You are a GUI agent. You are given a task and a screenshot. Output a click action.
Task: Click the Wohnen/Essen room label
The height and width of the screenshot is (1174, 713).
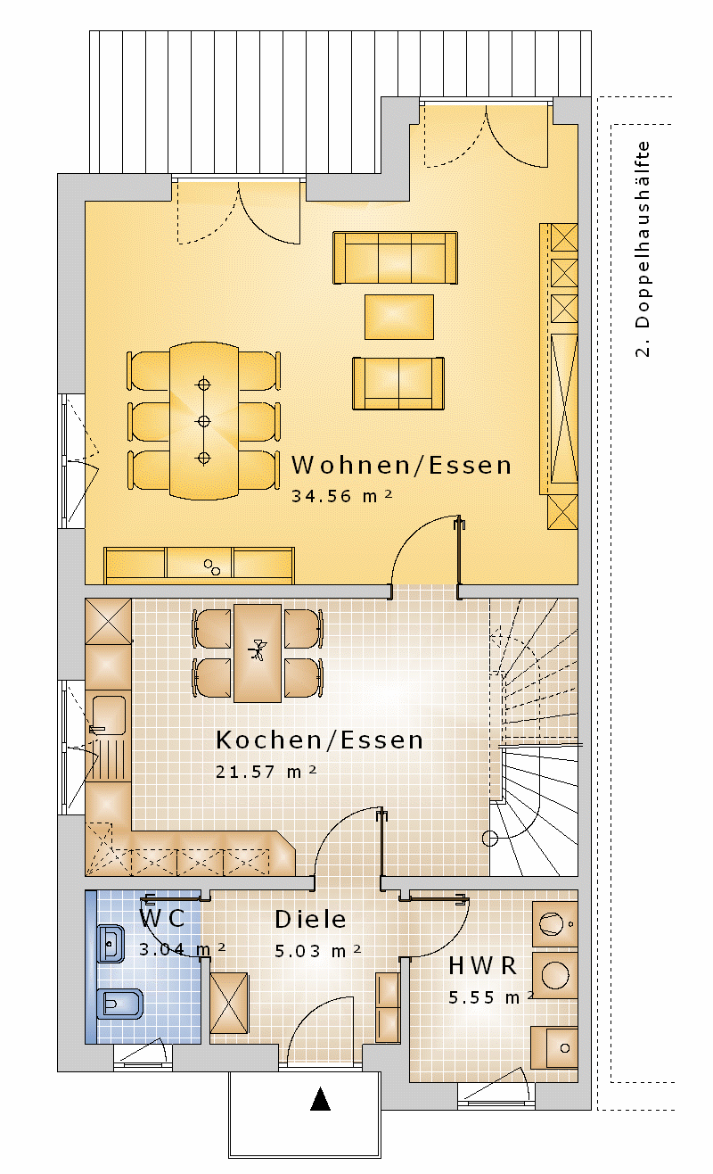(401, 466)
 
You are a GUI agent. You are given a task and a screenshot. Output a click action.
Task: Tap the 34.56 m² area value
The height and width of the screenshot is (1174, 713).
(342, 496)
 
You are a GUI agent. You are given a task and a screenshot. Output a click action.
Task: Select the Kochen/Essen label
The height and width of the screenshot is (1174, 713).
(319, 740)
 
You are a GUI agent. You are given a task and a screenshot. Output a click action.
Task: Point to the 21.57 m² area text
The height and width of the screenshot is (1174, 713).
(266, 772)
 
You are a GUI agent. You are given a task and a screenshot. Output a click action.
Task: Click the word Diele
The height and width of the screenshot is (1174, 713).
(310, 919)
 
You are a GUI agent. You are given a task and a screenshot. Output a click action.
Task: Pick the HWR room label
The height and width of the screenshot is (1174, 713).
(483, 966)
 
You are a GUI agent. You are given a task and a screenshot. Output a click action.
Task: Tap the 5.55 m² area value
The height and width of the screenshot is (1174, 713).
(491, 997)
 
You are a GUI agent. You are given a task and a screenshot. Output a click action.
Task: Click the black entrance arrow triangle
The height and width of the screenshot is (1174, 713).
(320, 1099)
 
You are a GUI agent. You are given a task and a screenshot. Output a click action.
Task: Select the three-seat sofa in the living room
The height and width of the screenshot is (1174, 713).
(395, 258)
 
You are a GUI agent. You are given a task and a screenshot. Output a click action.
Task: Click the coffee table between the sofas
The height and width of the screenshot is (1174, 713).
(399, 317)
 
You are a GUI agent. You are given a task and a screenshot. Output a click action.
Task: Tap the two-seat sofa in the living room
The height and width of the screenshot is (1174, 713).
(398, 383)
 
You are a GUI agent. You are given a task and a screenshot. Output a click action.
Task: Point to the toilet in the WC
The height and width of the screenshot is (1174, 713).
(120, 1004)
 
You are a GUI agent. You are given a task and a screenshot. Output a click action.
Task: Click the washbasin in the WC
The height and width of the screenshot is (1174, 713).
(111, 944)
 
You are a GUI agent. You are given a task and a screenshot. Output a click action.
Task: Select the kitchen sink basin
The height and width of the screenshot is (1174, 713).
(110, 715)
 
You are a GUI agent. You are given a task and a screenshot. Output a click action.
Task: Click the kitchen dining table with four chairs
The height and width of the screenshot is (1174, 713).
(258, 653)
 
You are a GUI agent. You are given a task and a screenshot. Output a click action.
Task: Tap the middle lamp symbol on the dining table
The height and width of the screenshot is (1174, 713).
(203, 421)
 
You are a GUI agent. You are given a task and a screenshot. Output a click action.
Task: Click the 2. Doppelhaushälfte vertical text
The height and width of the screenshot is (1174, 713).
(643, 250)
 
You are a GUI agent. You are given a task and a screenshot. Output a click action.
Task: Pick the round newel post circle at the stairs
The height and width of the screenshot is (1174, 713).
(490, 839)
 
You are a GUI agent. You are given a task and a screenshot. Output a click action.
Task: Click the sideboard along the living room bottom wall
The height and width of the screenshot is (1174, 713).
(199, 566)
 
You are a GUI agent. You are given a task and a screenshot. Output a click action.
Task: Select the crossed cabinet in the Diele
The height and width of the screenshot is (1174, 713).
(229, 1003)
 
